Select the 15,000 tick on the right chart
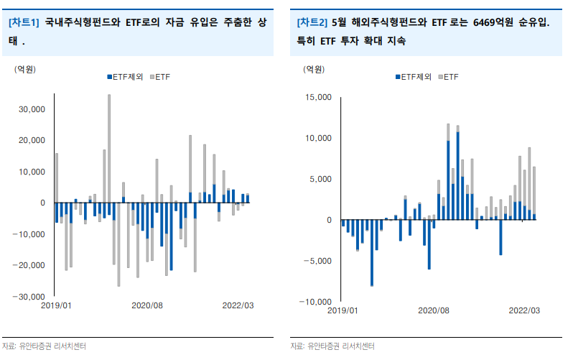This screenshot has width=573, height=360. click(318, 97)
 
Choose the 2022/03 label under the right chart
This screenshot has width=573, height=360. click(523, 310)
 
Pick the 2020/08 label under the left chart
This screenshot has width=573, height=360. click(147, 305)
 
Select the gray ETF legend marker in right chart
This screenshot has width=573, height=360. click(439, 76)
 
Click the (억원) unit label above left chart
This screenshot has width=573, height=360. click(26, 69)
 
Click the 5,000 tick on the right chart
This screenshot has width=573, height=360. click(320, 179)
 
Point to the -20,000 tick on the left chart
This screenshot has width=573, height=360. click(32, 265)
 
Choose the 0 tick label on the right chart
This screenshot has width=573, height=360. click(328, 220)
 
